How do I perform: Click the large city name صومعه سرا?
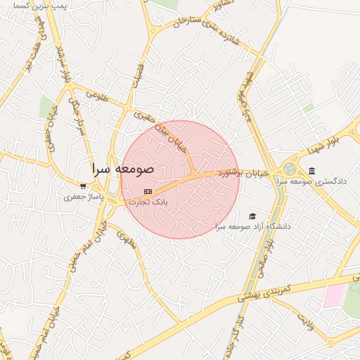[123, 169]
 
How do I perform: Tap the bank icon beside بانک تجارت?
[148, 191]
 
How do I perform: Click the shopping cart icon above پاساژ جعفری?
[83, 187]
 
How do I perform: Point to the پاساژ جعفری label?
[84, 198]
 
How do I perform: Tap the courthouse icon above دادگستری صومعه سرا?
[311, 172]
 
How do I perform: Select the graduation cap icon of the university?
[252, 217]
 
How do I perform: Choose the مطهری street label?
[125, 242]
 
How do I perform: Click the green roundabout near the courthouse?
[290, 169]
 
